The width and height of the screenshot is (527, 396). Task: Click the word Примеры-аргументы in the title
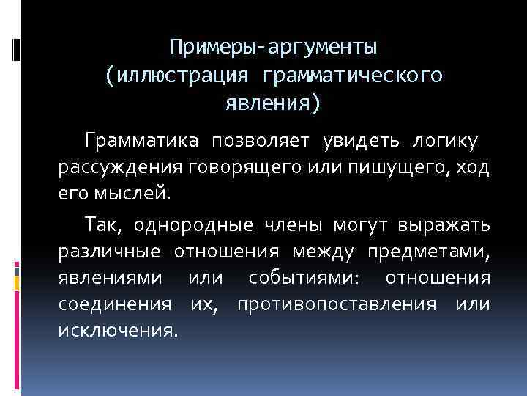[x=273, y=48]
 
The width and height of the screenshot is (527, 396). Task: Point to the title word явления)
[x=273, y=103]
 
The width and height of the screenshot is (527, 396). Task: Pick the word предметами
[x=430, y=252]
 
